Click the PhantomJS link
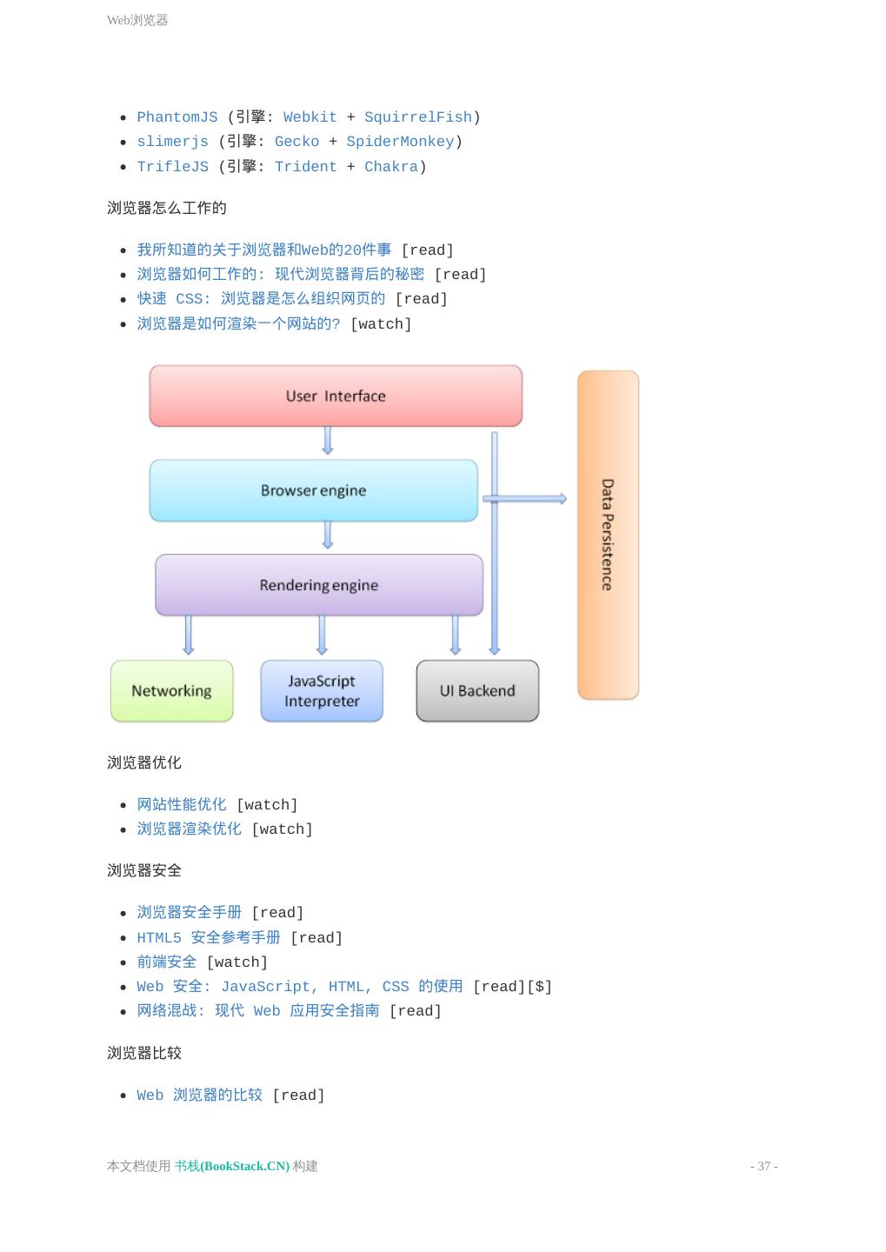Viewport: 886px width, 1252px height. pyautogui.click(x=177, y=117)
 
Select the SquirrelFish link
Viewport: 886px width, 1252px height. pyautogui.click(x=417, y=117)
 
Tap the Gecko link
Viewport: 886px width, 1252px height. pyautogui.click(x=296, y=142)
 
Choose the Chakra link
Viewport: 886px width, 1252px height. pyautogui.click(x=390, y=167)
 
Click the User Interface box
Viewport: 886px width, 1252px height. pyautogui.click(x=336, y=396)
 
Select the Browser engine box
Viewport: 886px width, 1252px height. pyautogui.click(x=313, y=490)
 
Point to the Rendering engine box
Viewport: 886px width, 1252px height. pyautogui.click(x=318, y=585)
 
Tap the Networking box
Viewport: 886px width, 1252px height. pyautogui.click(x=171, y=691)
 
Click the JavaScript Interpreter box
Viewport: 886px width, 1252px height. pyautogui.click(x=322, y=691)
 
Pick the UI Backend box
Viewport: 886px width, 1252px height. pyautogui.click(x=477, y=691)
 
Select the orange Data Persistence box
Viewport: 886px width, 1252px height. pyautogui.click(x=608, y=535)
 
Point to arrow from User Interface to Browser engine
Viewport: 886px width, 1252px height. pyautogui.click(x=328, y=441)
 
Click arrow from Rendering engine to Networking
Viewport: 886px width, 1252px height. pyautogui.click(x=189, y=635)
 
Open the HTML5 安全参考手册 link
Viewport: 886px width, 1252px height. pyautogui.click(x=209, y=937)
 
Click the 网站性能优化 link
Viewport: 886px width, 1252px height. pyautogui.click(x=182, y=805)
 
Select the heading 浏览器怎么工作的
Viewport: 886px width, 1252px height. pyautogui.click(x=167, y=208)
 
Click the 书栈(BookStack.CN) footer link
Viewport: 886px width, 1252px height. pyautogui.click(x=232, y=1166)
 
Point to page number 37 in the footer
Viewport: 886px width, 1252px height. pyautogui.click(x=763, y=1166)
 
